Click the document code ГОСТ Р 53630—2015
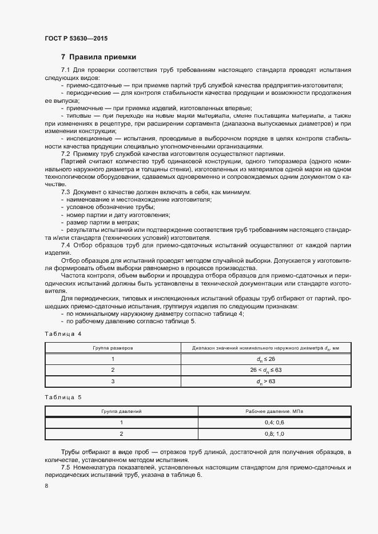tap(75, 38)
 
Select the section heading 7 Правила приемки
tap(98, 57)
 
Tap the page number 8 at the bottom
tap(46, 485)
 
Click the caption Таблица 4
tap(63, 333)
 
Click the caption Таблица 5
tap(63, 396)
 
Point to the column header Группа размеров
tap(113, 347)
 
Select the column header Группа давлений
tap(121, 411)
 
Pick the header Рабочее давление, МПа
tap(274, 411)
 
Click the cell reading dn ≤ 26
tap(266, 359)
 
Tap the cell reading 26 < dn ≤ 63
tap(266, 370)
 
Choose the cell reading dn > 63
tap(266, 382)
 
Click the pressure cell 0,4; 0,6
tap(274, 423)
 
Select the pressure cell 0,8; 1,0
tap(274, 434)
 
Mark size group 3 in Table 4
tap(113, 382)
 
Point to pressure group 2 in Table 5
tap(121, 434)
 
